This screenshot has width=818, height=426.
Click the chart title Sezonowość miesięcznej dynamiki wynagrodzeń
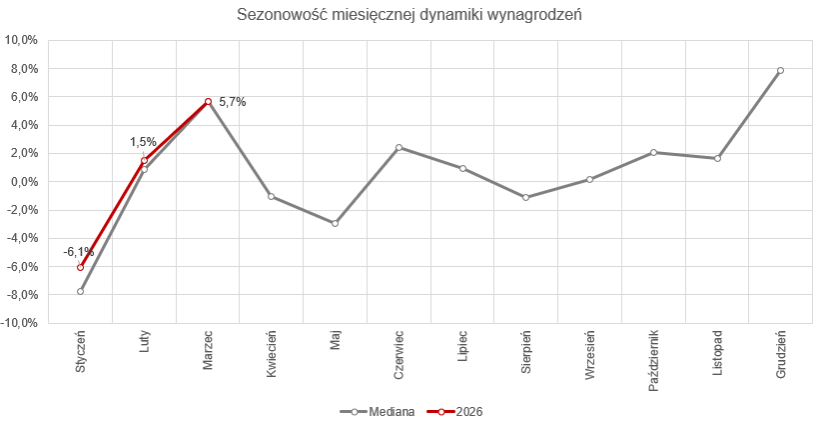tap(409, 15)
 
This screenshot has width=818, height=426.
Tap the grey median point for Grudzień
tap(780, 71)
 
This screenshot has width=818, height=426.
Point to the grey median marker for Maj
tap(335, 223)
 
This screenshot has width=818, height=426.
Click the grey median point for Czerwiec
tap(399, 148)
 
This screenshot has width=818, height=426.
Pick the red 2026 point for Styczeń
tap(81, 267)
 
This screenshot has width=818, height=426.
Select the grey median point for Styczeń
tap(81, 291)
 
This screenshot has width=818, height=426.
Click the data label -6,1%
tap(79, 252)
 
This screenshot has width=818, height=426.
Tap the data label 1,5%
tap(143, 143)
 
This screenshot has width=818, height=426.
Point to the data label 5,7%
tap(232, 102)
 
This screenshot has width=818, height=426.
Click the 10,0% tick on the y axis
tap(22, 41)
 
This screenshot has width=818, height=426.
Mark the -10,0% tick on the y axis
tap(21, 323)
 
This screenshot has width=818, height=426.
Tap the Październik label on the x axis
tap(653, 359)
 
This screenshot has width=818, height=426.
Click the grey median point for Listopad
tap(717, 158)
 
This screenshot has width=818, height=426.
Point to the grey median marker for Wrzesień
tap(589, 179)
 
